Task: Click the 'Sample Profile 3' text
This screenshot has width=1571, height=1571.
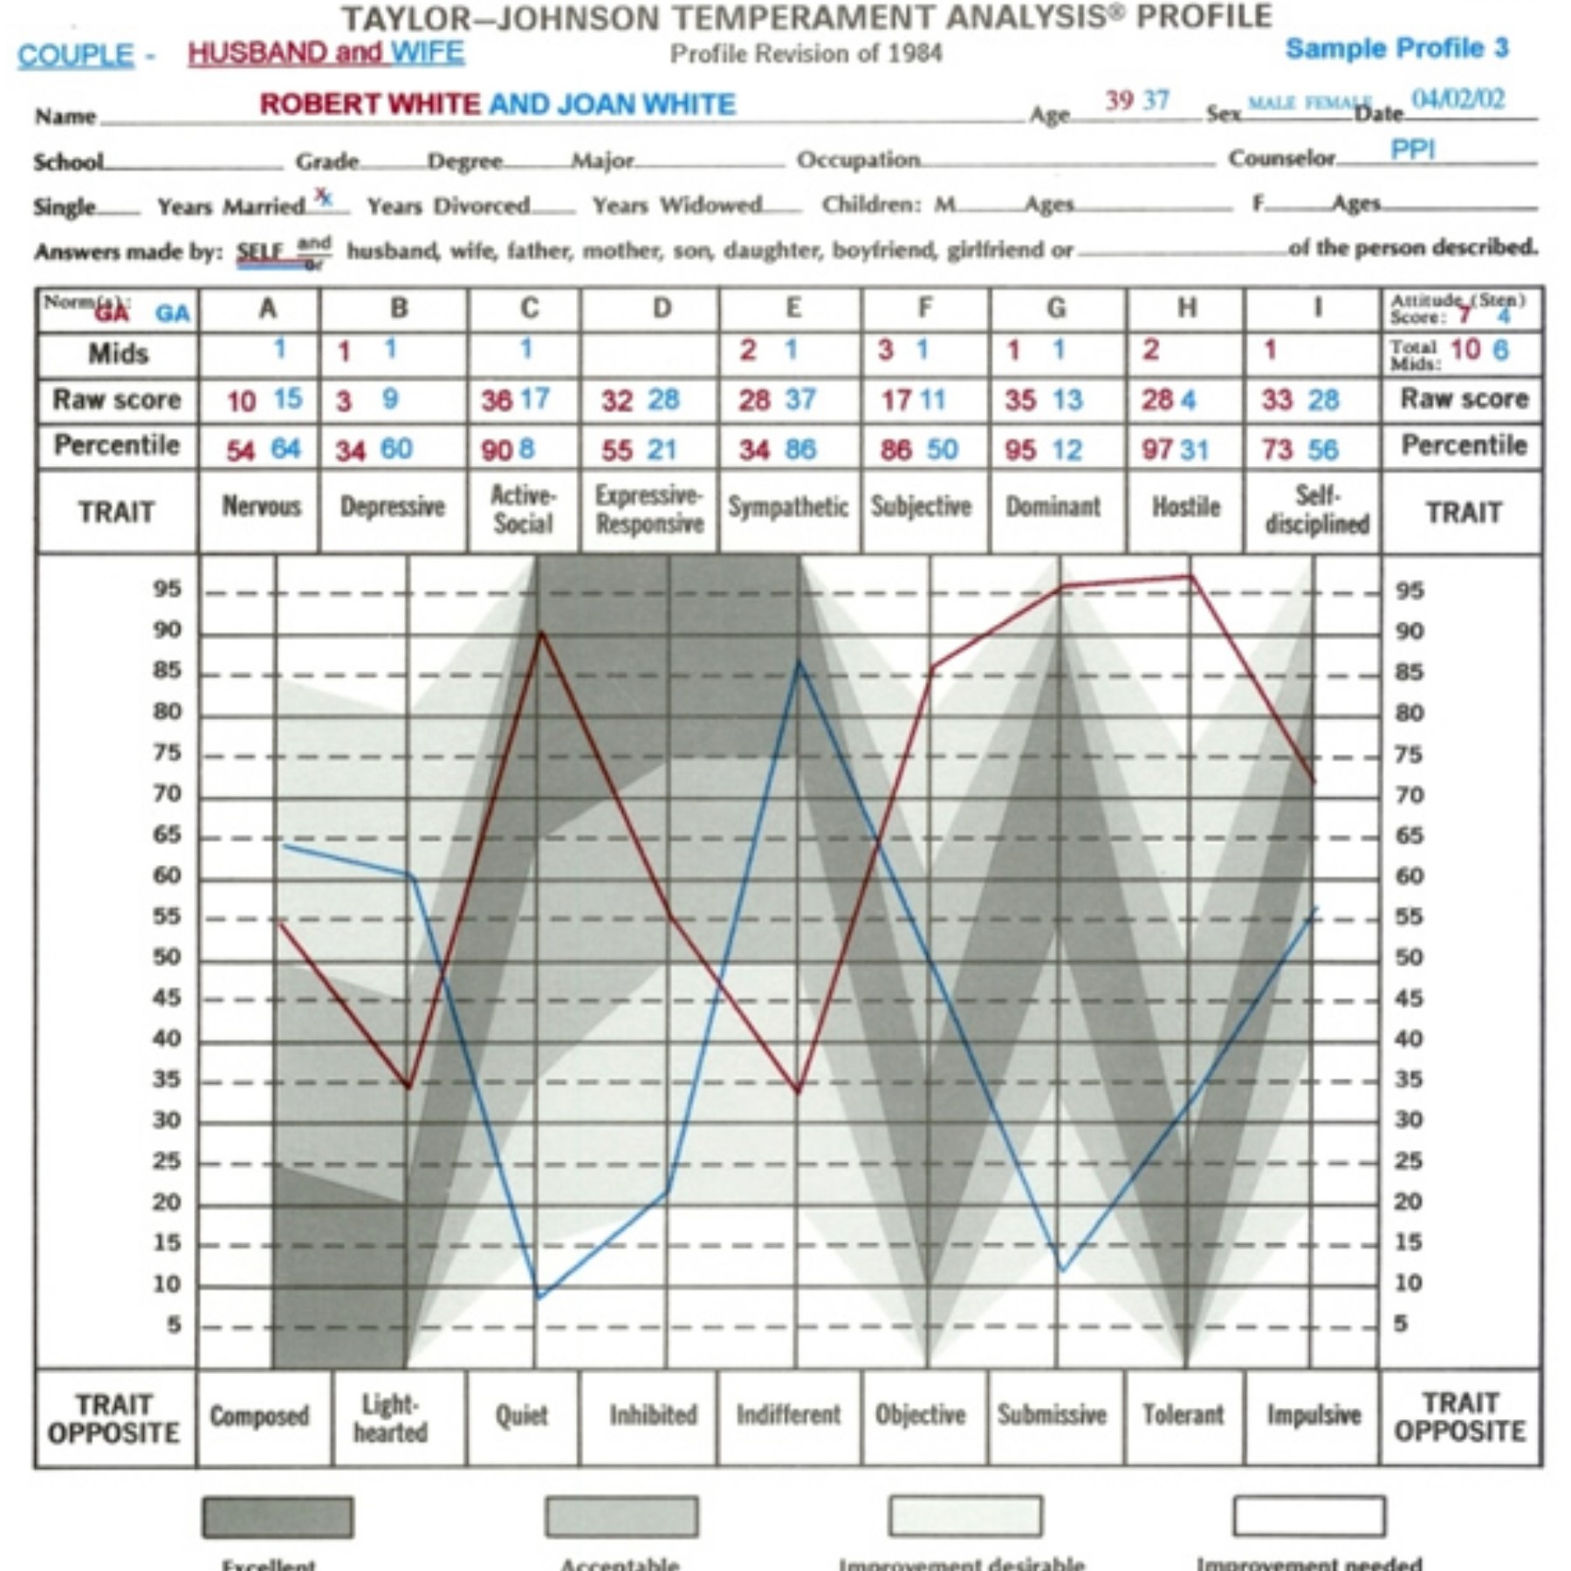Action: [1396, 48]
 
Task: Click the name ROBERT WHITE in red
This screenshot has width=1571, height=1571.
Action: [369, 105]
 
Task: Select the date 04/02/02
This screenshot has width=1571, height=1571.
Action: [1458, 99]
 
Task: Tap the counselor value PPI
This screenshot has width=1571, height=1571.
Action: [1412, 150]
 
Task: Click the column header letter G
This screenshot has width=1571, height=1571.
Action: [1056, 308]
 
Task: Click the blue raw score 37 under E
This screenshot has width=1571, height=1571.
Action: [800, 400]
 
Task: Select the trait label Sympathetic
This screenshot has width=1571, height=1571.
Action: [788, 507]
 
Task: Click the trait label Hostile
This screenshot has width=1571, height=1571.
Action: [1185, 507]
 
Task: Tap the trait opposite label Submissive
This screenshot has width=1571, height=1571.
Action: [1052, 1414]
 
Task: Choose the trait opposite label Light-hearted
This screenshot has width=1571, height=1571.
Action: [390, 1417]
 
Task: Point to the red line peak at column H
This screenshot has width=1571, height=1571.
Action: [1190, 576]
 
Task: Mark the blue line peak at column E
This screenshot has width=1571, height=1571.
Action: [798, 661]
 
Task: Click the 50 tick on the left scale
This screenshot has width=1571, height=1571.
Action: [167, 957]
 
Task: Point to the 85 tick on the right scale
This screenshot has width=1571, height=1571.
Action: [1409, 672]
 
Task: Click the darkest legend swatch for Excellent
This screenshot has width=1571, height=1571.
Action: [278, 1517]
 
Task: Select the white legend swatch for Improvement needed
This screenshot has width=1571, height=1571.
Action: [1308, 1516]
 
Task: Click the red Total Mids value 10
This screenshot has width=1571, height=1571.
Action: [1465, 350]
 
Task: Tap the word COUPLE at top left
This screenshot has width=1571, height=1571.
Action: [76, 56]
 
